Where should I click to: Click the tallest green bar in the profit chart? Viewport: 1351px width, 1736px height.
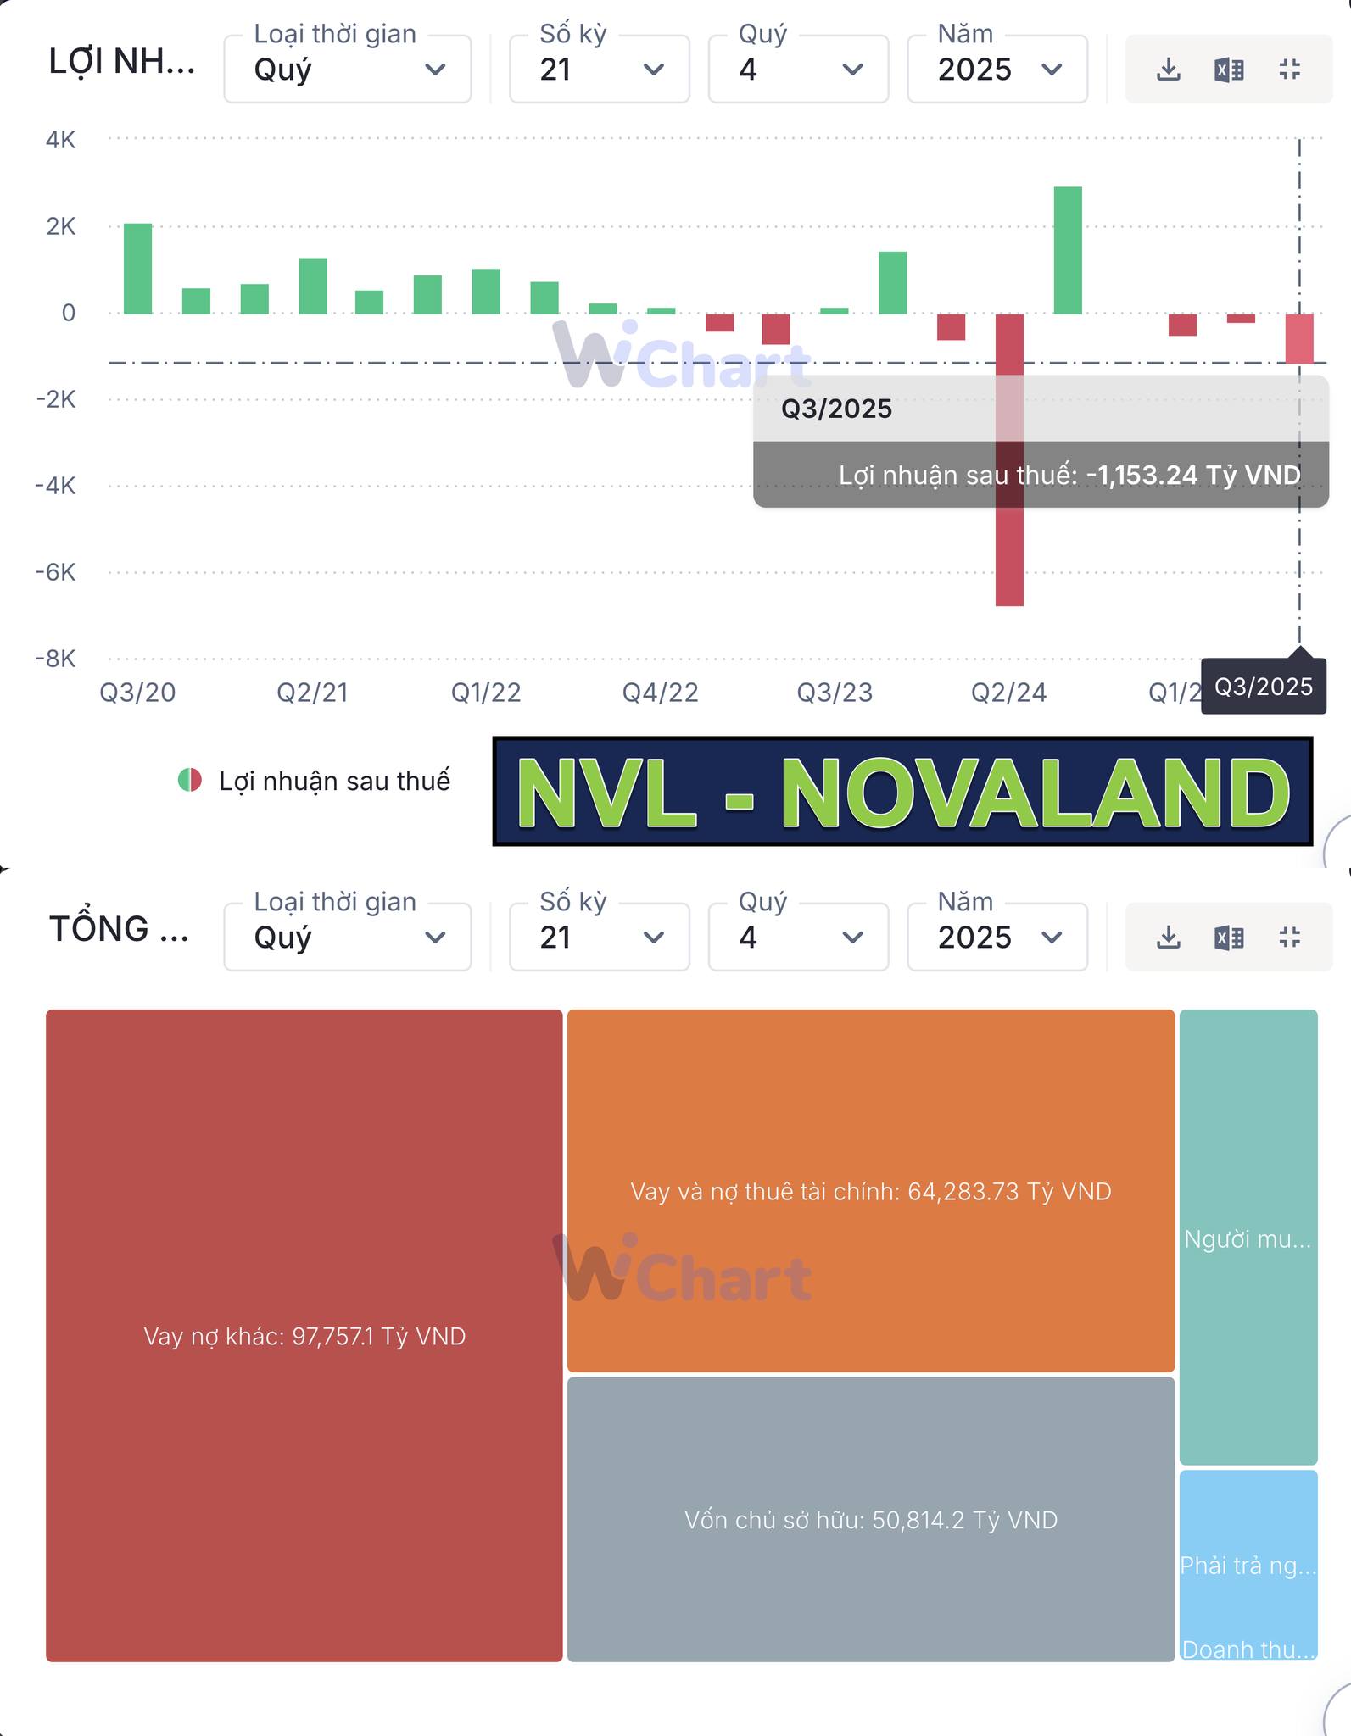[x=1068, y=251]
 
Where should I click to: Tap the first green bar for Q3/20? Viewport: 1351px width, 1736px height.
[x=138, y=269]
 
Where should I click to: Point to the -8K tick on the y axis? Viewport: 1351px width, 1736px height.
[x=56, y=659]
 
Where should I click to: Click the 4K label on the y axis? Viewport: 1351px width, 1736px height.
[x=61, y=140]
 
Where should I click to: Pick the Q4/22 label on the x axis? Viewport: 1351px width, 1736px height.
[x=660, y=693]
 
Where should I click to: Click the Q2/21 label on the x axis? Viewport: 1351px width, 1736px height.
[x=312, y=693]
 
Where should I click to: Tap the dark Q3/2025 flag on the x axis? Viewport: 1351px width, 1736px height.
[x=1263, y=687]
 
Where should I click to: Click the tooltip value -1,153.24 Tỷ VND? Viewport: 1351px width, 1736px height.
[x=1192, y=476]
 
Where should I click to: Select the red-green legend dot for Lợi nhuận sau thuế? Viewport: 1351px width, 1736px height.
[x=190, y=780]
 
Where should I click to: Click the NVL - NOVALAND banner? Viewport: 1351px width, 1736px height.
[x=902, y=792]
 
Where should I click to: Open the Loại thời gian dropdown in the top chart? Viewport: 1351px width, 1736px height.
[x=348, y=70]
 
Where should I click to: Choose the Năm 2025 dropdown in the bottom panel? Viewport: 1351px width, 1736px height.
[x=997, y=937]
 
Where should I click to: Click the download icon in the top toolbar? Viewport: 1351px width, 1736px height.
[x=1169, y=70]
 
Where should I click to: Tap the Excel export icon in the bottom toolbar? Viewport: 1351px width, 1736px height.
[x=1229, y=937]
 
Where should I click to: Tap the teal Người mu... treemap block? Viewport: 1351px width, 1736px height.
[x=1248, y=1238]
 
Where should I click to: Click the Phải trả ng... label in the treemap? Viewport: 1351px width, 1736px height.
[x=1248, y=1566]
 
